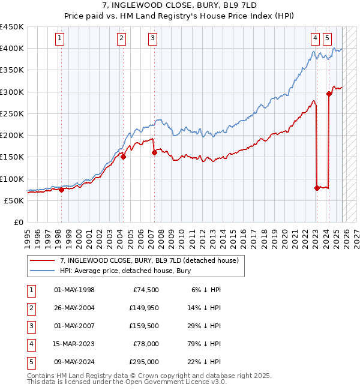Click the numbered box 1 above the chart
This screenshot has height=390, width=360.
61,38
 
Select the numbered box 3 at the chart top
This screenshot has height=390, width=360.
153,38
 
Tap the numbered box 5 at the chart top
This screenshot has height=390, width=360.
327,38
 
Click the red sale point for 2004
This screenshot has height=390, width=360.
123,157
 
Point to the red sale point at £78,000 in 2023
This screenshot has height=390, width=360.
317,188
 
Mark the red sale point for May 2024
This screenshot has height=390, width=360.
329,94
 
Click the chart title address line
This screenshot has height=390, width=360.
180,5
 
